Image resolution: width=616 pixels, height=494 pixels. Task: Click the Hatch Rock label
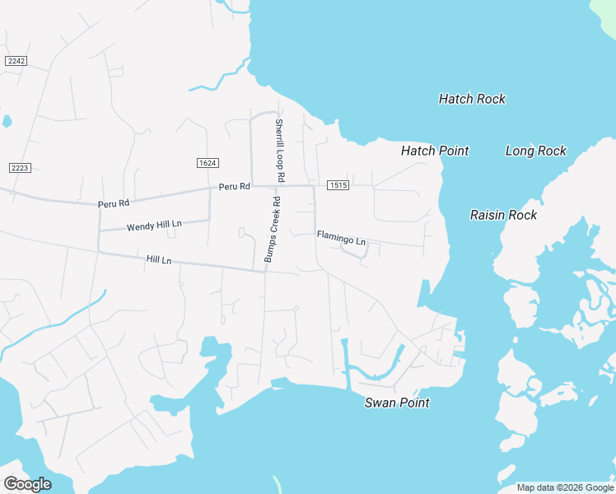(472, 99)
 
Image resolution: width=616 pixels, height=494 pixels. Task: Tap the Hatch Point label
(435, 151)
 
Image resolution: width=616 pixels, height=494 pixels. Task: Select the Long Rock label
(536, 151)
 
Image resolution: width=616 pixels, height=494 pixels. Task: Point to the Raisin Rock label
(503, 215)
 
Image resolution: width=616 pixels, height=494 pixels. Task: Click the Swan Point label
(397, 403)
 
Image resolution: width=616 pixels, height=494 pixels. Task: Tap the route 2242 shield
(16, 61)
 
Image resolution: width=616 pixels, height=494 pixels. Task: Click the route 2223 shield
(19, 168)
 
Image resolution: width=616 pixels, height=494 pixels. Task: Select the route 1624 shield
(208, 163)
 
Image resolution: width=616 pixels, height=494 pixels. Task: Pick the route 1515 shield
(338, 185)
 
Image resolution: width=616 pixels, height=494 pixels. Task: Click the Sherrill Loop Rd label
(279, 151)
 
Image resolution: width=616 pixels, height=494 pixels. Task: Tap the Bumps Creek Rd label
(273, 230)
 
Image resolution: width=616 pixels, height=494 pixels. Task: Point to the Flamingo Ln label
(341, 239)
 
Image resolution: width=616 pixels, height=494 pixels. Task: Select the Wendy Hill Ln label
(154, 225)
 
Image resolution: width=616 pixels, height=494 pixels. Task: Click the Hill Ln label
(159, 260)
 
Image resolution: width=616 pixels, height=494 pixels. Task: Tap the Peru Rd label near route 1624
(234, 187)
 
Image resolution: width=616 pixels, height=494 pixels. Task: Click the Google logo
(27, 484)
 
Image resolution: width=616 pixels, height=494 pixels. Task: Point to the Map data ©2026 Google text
(565, 487)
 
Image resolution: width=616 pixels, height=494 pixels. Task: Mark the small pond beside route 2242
(7, 122)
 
